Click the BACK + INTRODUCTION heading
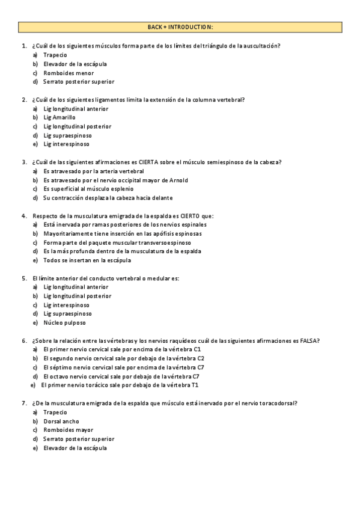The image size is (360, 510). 180,27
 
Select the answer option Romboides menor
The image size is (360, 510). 68,73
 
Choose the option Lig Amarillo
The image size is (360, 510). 59,117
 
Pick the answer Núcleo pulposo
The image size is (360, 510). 64,322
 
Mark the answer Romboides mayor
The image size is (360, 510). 68,430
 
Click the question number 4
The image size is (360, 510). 24,215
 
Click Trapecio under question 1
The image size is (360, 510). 55,55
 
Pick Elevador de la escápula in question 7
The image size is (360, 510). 75,448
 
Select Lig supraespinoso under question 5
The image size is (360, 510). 67,313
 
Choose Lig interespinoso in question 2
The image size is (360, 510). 66,144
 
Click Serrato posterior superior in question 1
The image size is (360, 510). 78,82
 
